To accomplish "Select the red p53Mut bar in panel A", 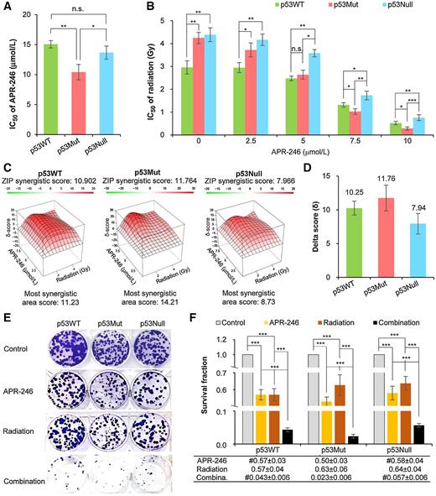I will tap(86, 102).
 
